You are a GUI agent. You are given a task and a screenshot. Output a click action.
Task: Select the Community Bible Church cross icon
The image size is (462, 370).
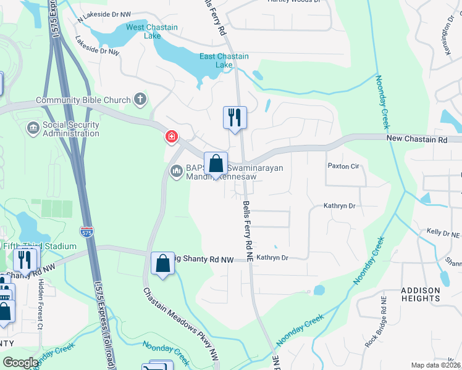[x=141, y=99]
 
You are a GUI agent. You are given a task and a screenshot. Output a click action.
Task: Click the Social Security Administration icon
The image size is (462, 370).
[x=33, y=128]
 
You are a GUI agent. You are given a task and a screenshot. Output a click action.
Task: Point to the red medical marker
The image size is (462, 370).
[x=171, y=137]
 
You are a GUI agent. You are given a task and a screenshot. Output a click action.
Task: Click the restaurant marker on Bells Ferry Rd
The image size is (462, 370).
[x=235, y=117]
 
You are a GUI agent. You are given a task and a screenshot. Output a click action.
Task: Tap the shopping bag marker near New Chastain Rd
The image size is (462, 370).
[x=216, y=164]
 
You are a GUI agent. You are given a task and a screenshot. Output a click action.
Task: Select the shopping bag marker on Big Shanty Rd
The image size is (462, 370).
[x=162, y=264]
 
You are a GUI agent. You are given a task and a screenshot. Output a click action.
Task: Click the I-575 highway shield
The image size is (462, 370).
[x=88, y=232]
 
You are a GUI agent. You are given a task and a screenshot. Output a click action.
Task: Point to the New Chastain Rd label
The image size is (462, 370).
[x=417, y=140]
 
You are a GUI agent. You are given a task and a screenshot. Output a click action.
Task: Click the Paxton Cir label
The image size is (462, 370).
[x=343, y=166]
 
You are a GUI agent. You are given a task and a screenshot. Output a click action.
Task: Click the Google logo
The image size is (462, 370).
[x=20, y=363]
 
